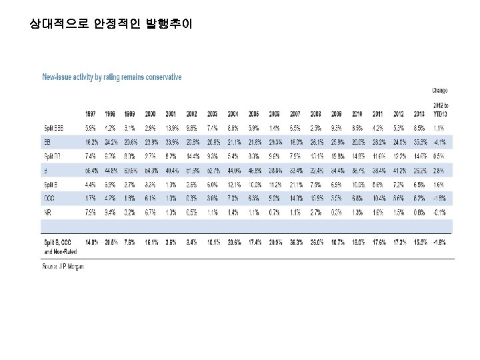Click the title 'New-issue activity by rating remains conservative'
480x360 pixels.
(x=112, y=77)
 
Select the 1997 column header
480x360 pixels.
(x=91, y=113)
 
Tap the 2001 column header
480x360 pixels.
(x=171, y=113)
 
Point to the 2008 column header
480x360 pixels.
(x=316, y=113)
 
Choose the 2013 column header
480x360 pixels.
(x=419, y=113)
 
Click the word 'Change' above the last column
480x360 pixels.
(x=439, y=91)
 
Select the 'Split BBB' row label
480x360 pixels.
(x=55, y=127)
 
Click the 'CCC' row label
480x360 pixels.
(x=50, y=198)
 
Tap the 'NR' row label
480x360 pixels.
(x=47, y=212)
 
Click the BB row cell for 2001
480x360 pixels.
(x=171, y=141)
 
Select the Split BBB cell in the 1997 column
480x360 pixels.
(x=91, y=127)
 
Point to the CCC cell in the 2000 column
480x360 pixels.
(x=151, y=198)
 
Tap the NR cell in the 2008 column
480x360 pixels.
(x=316, y=212)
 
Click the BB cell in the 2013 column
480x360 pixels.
(x=419, y=141)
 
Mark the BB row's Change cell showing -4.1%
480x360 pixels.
(x=439, y=141)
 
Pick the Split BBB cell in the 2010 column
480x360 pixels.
(x=357, y=127)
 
